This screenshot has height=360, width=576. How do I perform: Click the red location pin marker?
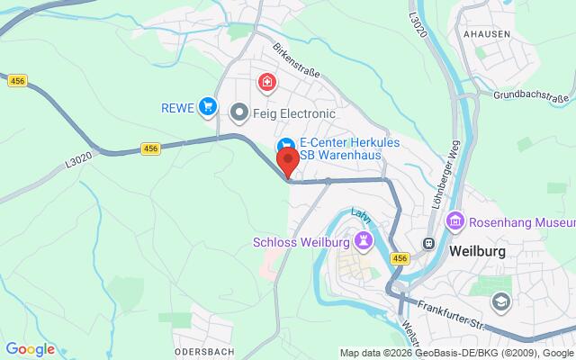(x=288, y=163)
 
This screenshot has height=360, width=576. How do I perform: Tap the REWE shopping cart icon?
(x=209, y=107)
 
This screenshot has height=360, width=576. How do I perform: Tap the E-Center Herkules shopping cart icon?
(x=284, y=144)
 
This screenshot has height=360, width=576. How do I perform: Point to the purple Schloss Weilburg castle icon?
(x=363, y=240)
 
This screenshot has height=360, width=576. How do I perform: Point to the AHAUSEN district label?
(x=488, y=33)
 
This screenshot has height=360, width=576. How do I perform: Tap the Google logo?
(x=30, y=349)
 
